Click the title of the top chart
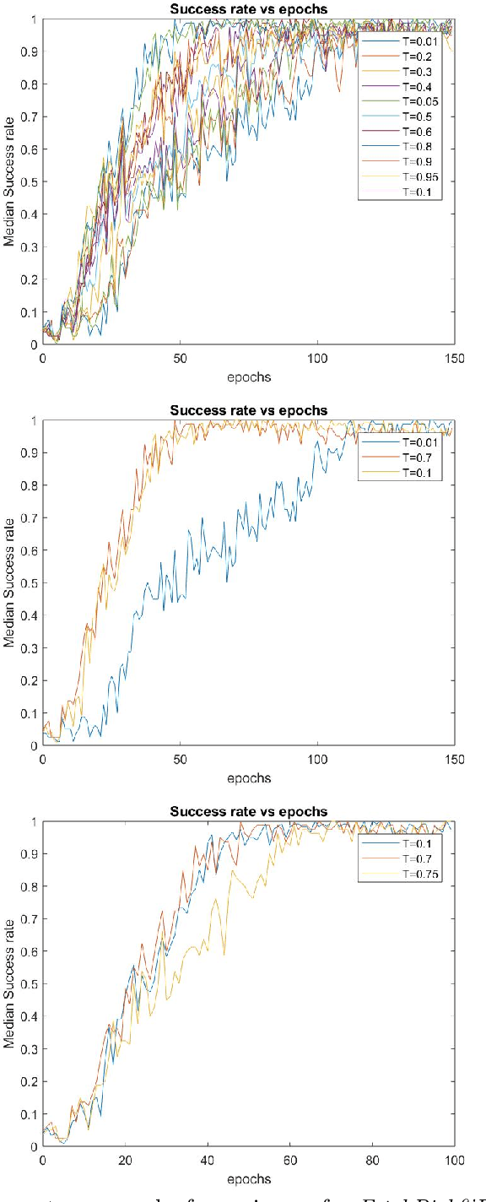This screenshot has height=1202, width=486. click(x=249, y=9)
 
